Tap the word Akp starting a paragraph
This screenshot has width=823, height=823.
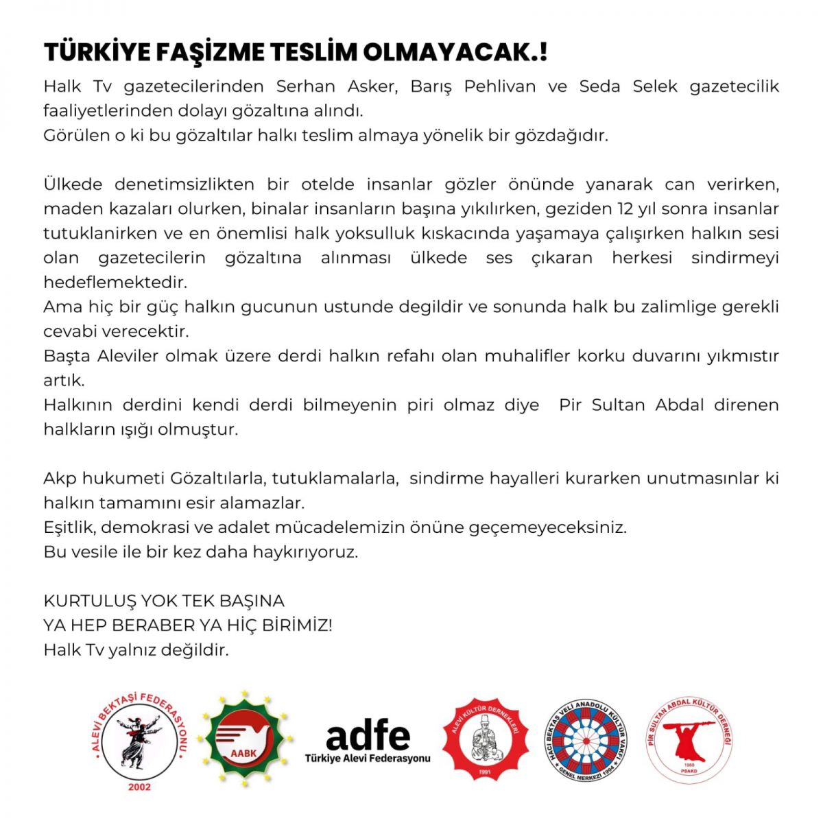click(x=60, y=478)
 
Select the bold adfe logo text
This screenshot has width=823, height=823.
click(x=368, y=735)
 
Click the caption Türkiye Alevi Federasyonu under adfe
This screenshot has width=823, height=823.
click(x=368, y=758)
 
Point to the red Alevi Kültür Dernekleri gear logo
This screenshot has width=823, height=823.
click(x=486, y=739)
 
